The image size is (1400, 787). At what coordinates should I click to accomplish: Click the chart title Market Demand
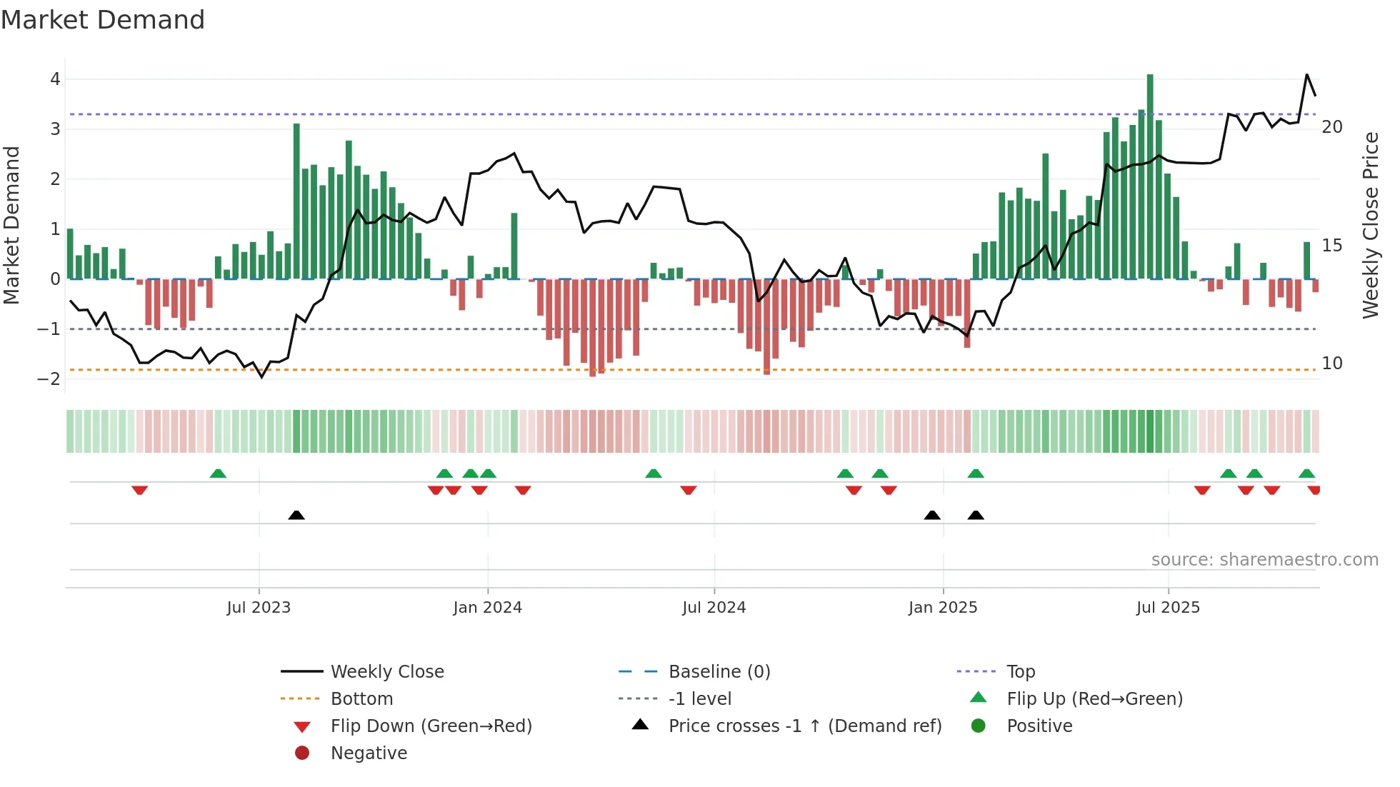click(x=103, y=20)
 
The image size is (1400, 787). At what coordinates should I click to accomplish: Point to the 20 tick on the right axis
click(x=1332, y=127)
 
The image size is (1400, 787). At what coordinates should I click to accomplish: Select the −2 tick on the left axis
click(x=49, y=379)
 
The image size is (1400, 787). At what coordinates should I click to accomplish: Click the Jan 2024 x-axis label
click(x=487, y=608)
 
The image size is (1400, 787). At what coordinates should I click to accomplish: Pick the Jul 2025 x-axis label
click(x=1168, y=608)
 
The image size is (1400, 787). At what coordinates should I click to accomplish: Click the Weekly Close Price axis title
click(x=1370, y=225)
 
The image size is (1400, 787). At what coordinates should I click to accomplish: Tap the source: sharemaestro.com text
click(x=1264, y=559)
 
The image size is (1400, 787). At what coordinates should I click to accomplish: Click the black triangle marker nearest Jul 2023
click(x=296, y=515)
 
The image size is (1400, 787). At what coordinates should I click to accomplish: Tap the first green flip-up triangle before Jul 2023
click(x=218, y=473)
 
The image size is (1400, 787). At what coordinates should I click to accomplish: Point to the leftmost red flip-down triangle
click(x=140, y=490)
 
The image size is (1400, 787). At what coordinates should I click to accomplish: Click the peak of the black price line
click(x=1307, y=74)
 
